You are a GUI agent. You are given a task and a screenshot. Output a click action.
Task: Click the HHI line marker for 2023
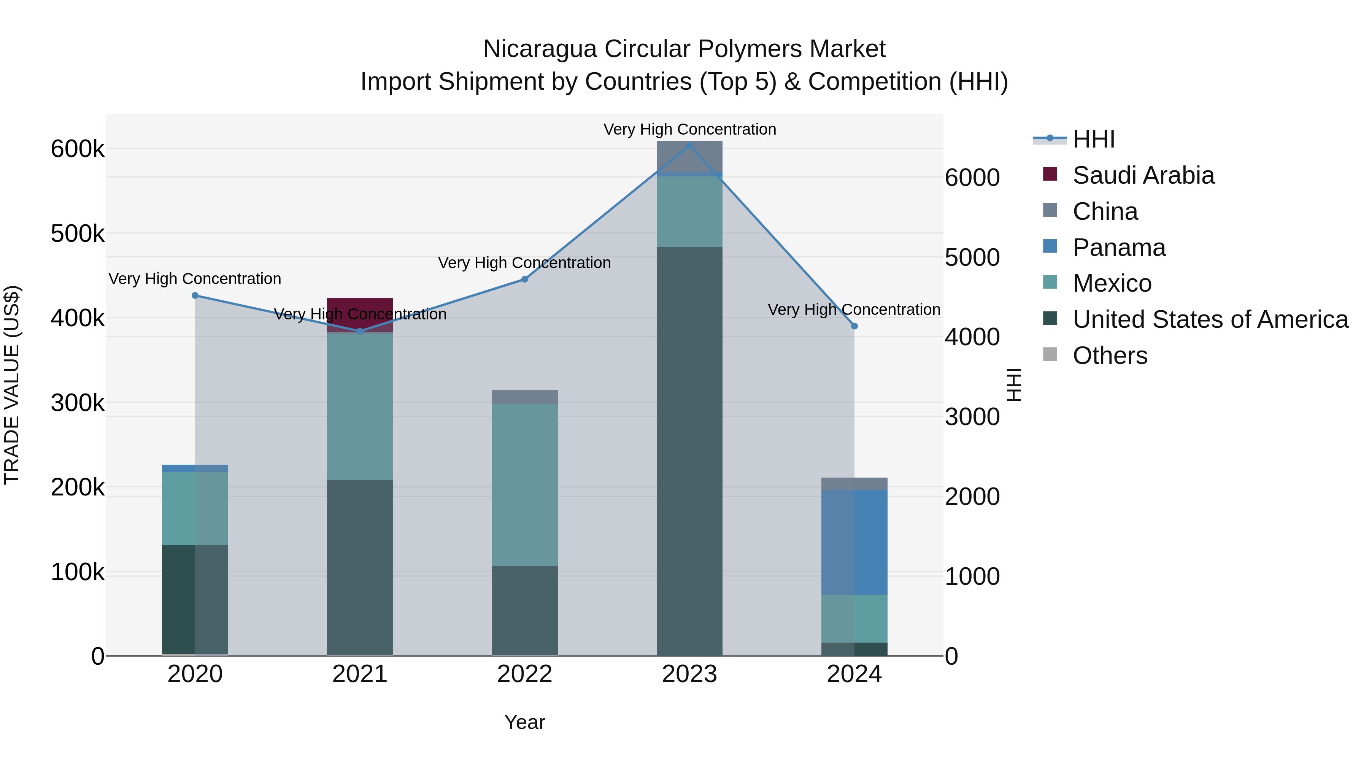(689, 145)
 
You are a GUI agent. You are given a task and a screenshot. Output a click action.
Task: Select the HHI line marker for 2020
(195, 295)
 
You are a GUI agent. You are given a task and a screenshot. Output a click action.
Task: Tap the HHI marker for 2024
(854, 326)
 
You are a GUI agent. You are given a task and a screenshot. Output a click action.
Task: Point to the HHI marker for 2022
(524, 279)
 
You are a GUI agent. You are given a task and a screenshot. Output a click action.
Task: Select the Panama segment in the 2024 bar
(854, 542)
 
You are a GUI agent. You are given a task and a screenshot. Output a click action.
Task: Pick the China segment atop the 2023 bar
(689, 156)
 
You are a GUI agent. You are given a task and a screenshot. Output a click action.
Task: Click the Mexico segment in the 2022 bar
(524, 485)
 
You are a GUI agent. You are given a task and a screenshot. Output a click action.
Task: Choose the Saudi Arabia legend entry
(1143, 175)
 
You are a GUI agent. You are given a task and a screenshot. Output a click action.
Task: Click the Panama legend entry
(1119, 248)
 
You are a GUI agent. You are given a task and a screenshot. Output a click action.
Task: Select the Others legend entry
(1110, 356)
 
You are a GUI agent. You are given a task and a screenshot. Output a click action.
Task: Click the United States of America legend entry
(1210, 319)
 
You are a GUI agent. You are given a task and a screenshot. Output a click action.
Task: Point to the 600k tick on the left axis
(78, 149)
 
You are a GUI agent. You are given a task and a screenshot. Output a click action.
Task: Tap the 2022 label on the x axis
(524, 674)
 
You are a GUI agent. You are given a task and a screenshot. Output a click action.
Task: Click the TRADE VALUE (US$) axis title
(12, 385)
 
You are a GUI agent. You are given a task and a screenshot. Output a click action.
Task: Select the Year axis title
(524, 722)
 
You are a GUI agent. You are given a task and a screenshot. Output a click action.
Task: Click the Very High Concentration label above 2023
(689, 129)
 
